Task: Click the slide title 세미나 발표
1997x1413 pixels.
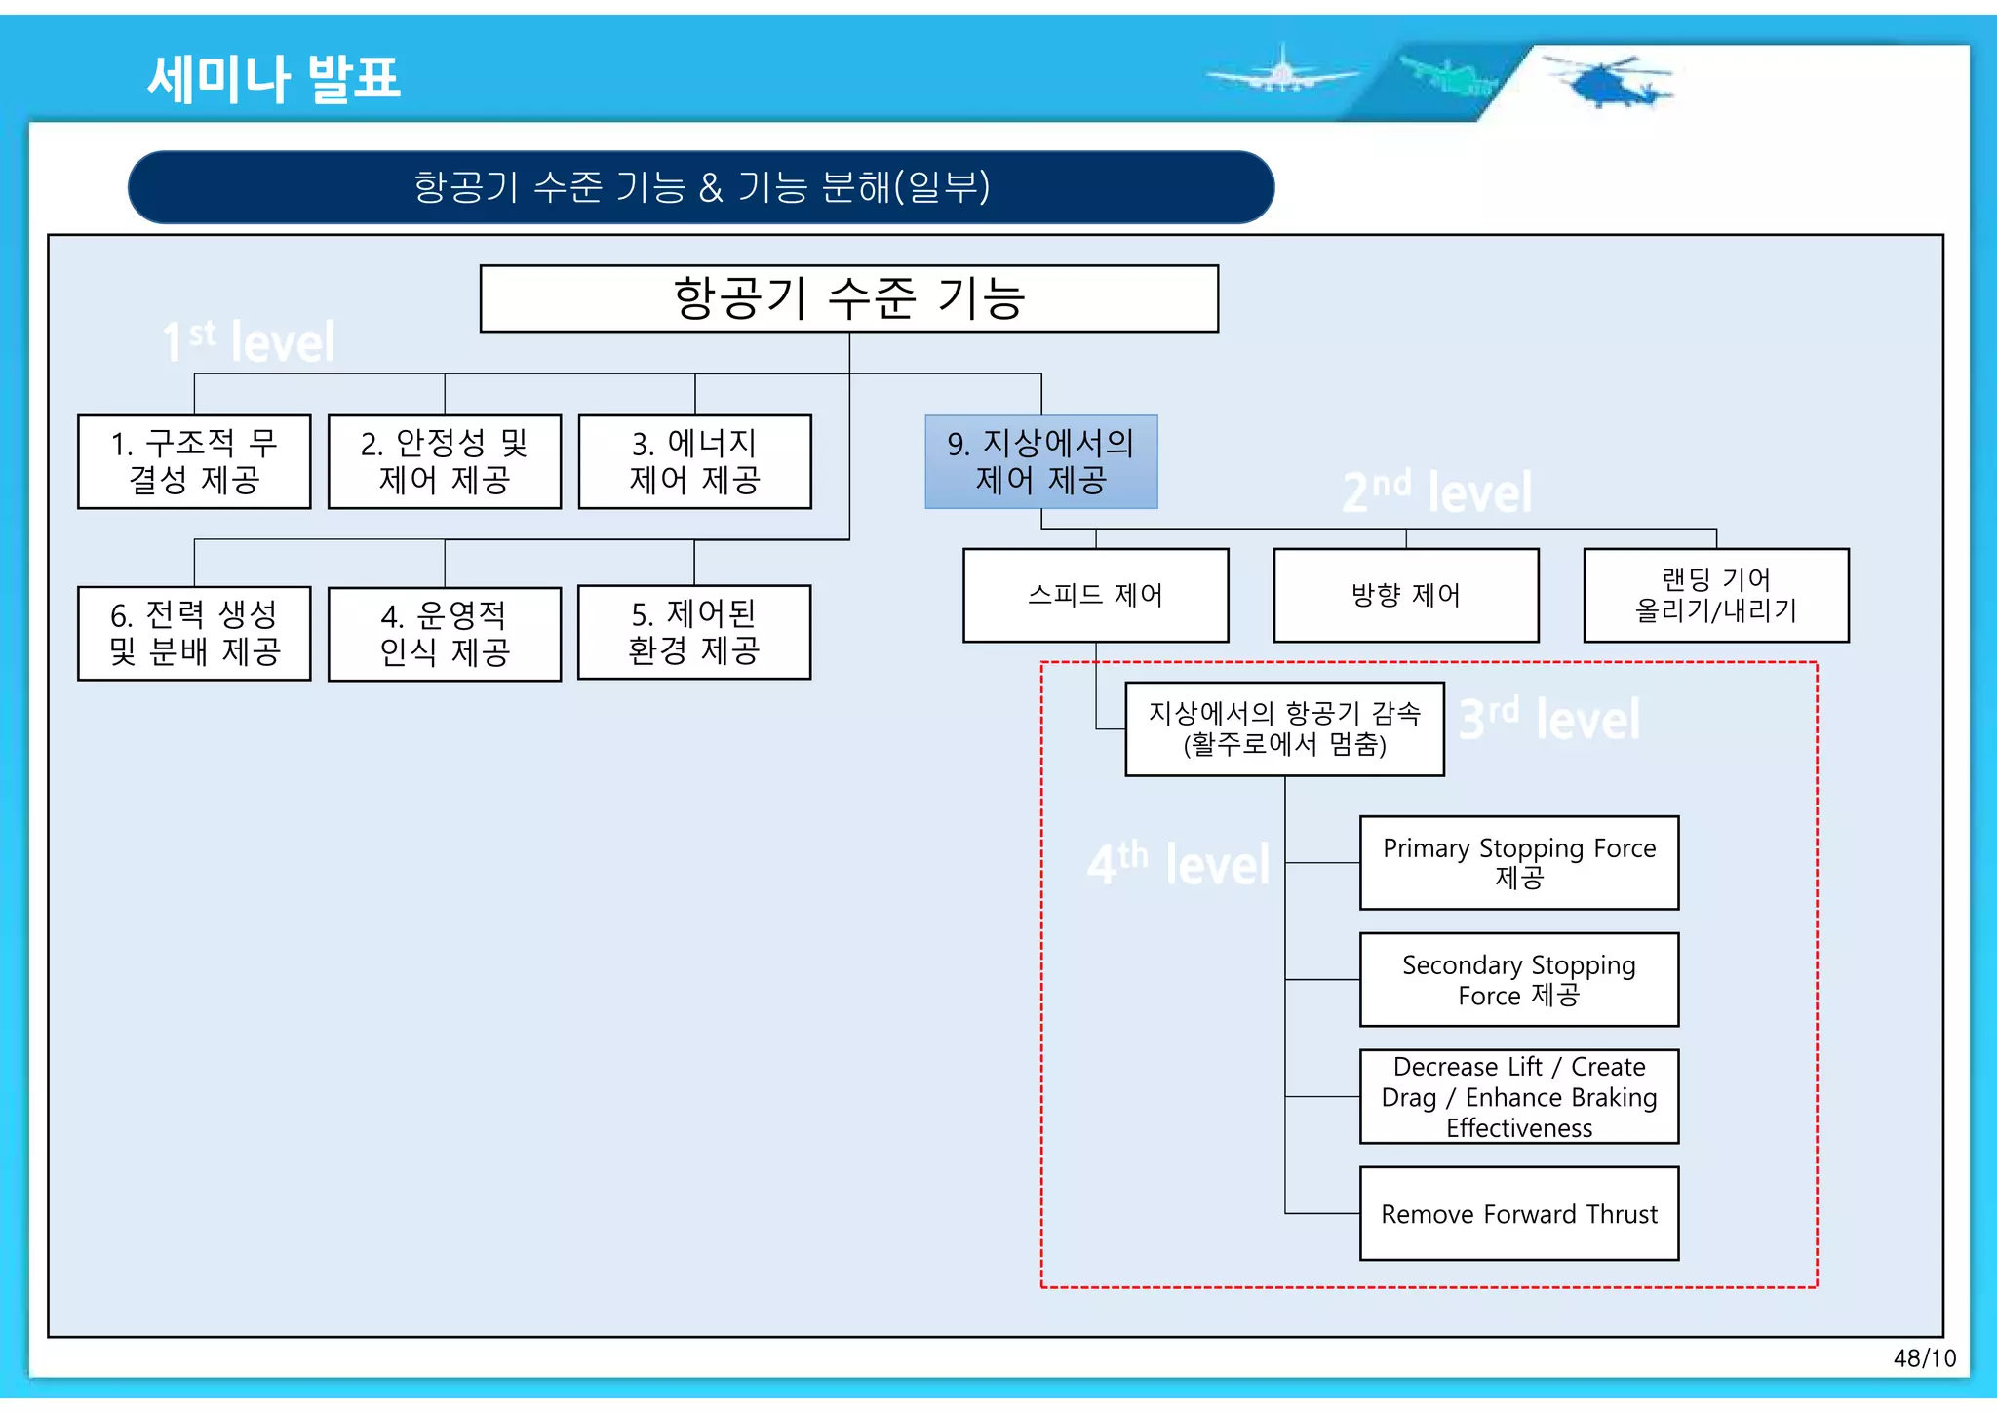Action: (x=273, y=78)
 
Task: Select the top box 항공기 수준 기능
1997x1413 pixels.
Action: (x=848, y=298)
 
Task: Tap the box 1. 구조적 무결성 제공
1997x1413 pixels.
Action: (x=194, y=461)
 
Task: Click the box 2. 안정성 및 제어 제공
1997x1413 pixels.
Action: (x=445, y=461)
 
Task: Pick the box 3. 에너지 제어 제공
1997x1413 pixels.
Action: (x=694, y=461)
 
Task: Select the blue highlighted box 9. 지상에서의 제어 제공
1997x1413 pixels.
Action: (x=1040, y=461)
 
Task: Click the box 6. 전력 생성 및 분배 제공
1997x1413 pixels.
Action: (x=194, y=633)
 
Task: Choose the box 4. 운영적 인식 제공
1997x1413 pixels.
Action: (x=445, y=634)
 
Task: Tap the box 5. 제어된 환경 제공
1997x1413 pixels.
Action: (x=694, y=632)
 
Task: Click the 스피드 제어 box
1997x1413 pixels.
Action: (x=1095, y=595)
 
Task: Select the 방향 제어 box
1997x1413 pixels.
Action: (x=1405, y=595)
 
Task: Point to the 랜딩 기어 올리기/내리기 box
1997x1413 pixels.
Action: (x=1715, y=595)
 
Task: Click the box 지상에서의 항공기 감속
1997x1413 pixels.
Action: (x=1284, y=728)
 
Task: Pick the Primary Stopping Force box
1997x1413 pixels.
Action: (x=1518, y=863)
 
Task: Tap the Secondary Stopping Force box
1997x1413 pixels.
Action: (x=1518, y=979)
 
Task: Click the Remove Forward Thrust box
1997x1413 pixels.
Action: (x=1518, y=1213)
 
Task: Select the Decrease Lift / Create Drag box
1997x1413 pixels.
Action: (x=1518, y=1096)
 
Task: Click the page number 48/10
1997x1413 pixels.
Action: (x=1924, y=1358)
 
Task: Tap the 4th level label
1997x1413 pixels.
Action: (x=1178, y=864)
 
